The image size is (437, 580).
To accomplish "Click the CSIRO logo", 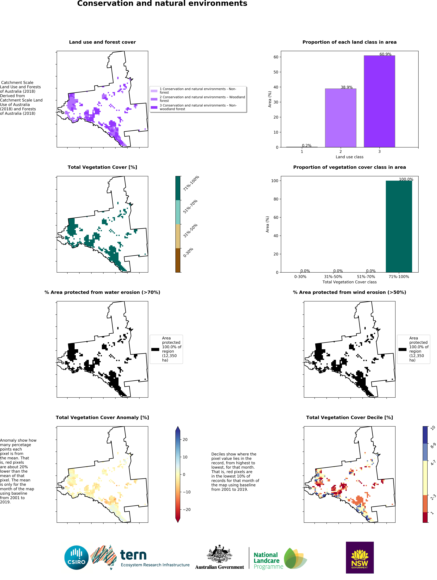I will click(76, 557).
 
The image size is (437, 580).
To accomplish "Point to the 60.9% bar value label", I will click(385, 54).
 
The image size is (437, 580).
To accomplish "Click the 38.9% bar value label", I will click(346, 87).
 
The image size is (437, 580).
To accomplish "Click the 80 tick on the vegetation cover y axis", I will click(275, 199).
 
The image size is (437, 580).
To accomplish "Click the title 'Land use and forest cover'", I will click(102, 42).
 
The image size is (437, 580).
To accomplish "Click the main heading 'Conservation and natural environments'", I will click(162, 4).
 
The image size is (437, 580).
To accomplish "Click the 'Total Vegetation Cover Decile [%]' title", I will click(349, 417).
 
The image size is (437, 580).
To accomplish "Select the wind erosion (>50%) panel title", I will click(349, 292).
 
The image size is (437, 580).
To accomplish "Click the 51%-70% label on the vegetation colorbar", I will click(190, 207).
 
